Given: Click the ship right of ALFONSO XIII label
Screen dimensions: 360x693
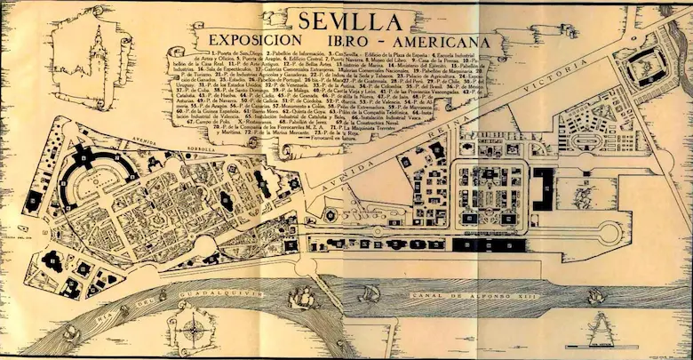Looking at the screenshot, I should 596,295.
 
